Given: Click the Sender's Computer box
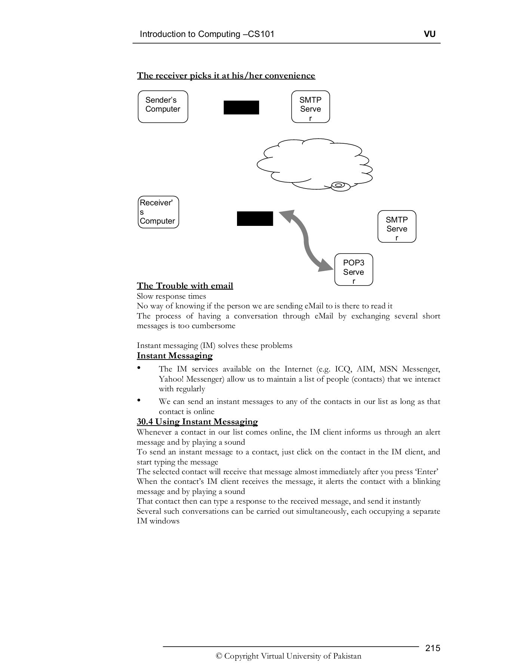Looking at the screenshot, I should [163, 107].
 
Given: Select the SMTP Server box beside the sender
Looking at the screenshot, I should [310, 107].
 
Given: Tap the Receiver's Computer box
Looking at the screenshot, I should [158, 212].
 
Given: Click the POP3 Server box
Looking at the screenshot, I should [353, 270].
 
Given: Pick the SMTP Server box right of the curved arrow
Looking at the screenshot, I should [397, 227].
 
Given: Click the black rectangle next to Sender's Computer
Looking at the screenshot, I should [241, 108].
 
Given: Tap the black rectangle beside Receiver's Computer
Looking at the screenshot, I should [255, 218].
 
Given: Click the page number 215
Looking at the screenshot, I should [433, 648].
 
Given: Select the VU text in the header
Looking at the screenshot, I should [430, 34].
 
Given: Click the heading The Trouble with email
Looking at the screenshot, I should [185, 286].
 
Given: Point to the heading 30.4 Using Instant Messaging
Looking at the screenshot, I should [197, 422].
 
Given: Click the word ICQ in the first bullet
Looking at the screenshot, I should [343, 369].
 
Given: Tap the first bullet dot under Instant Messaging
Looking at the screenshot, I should [139, 368].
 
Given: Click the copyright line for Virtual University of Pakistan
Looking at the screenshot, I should [288, 656].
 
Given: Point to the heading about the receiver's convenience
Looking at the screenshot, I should [226, 76].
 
